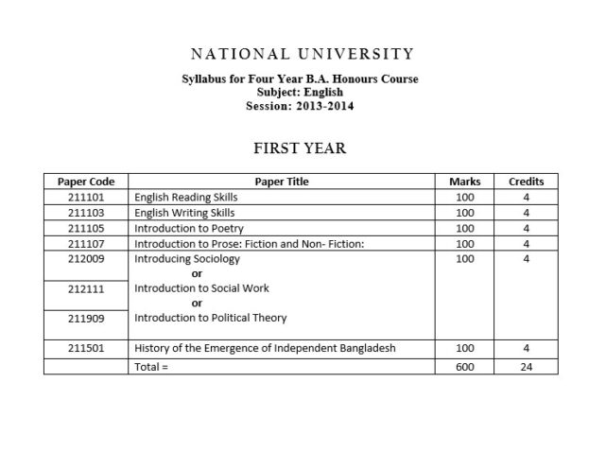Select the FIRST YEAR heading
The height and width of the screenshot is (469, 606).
pos(301,148)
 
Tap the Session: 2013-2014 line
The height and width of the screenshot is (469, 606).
pos(301,107)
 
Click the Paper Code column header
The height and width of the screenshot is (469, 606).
pos(85,182)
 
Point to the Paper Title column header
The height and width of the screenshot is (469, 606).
pos(282,182)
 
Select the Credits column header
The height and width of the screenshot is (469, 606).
pos(526,182)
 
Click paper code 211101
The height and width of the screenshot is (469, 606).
pos(85,198)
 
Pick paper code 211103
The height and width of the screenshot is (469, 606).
pos(85,213)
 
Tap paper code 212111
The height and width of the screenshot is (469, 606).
pos(85,288)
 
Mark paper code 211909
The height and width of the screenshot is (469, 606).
pos(85,318)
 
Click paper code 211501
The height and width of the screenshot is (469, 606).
pos(85,348)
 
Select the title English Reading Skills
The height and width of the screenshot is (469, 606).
pos(186,198)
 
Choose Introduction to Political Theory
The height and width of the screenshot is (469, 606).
pos(210,318)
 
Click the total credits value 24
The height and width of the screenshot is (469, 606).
pos(526,365)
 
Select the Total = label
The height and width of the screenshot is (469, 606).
pos(151,365)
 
